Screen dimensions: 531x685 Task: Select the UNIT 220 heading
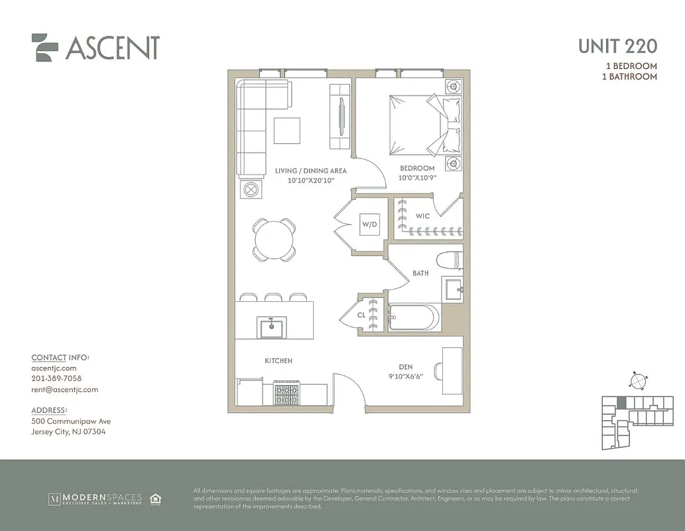coord(617,46)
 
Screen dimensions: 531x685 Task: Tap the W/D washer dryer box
coord(369,224)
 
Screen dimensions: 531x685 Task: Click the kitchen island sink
coord(272,327)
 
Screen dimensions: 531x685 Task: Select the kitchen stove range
coord(287,393)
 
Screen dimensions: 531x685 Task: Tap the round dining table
coord(274,240)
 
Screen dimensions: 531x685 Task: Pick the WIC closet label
coord(422,216)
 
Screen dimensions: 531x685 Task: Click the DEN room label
coord(406,365)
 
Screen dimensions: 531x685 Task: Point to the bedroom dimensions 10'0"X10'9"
coord(417,178)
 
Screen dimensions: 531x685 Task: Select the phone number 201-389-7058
coord(56,378)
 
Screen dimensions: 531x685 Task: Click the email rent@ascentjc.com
coord(64,390)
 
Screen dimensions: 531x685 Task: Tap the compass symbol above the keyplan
coord(637,382)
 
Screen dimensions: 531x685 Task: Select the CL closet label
coord(361,315)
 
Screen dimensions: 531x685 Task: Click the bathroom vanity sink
coord(454,289)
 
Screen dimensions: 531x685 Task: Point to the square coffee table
coord(286,130)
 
